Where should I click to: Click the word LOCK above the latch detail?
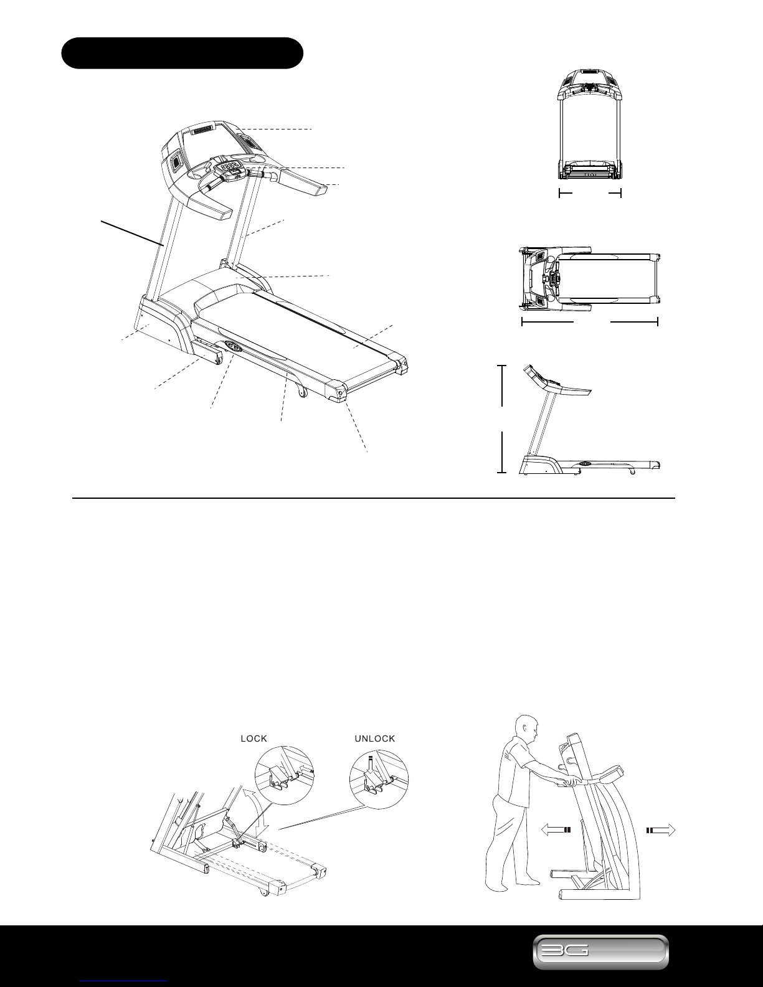(254, 739)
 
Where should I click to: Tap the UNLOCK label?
(375, 739)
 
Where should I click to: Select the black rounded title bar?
(182, 53)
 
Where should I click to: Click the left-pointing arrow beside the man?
(556, 830)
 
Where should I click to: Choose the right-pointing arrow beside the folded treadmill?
(661, 830)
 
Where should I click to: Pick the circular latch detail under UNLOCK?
(379, 778)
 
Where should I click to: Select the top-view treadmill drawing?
(589, 280)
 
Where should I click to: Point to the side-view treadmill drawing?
(589, 420)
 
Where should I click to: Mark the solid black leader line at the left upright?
(132, 233)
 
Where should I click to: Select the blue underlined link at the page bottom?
(123, 983)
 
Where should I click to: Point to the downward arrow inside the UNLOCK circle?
(371, 765)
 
